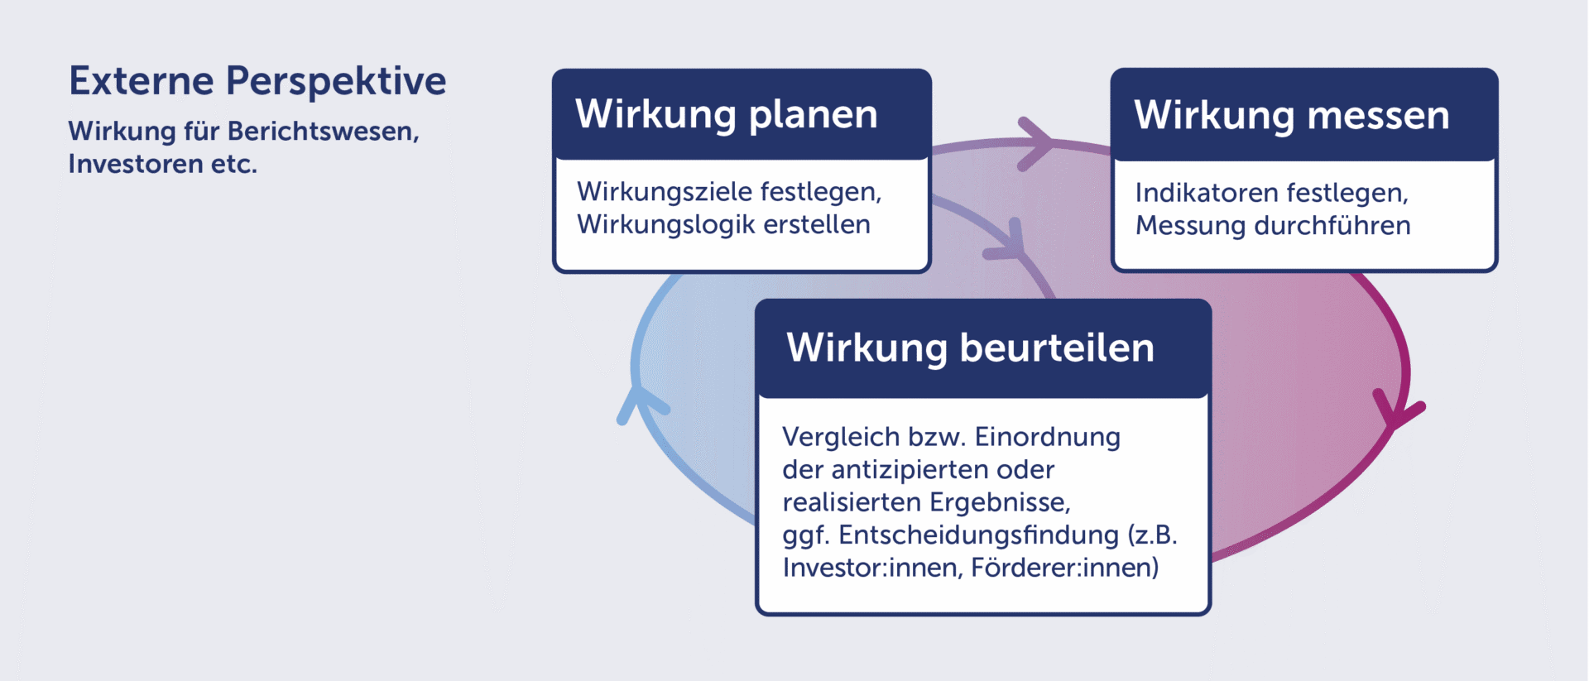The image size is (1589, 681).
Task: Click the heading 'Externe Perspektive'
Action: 257,82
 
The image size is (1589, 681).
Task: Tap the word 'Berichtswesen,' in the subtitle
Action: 324,132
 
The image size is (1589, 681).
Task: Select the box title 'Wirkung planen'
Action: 726,115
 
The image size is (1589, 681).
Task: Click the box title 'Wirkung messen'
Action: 1292,116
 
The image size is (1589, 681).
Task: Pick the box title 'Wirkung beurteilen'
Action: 970,348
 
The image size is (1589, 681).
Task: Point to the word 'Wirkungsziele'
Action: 664,192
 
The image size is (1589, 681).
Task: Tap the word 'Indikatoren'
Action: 1207,193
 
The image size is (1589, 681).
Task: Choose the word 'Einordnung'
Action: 1048,437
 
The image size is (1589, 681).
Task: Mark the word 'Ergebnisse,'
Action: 1001,502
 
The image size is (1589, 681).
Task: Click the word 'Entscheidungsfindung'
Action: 978,535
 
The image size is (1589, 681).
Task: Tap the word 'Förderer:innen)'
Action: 1065,568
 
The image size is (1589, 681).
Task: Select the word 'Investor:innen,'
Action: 872,568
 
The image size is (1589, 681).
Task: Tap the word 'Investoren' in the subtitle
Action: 136,164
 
